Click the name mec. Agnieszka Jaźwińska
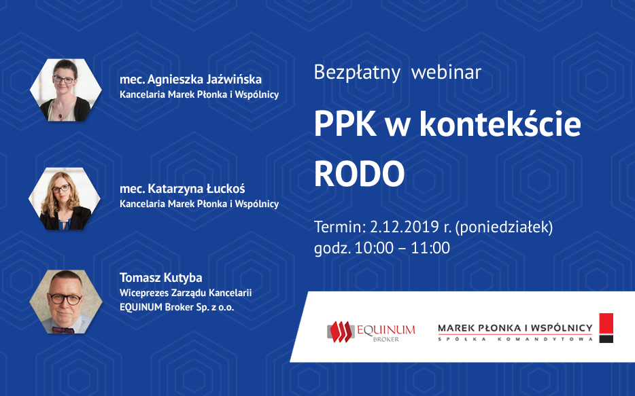coord(190,79)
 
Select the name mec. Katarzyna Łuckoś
coord(182,189)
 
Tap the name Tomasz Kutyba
coord(160,278)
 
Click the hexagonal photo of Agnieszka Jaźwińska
coord(65,90)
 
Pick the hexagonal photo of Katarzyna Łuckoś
coord(65,198)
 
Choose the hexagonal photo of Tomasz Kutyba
coord(65,302)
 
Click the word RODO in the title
coord(359,174)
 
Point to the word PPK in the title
coord(345,124)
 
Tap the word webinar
coord(446,73)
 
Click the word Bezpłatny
coord(357,73)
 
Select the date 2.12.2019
coord(405,227)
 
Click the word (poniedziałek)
coord(504,228)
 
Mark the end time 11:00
coord(430,248)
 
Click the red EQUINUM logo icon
coord(341,331)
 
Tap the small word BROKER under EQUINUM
coord(386,340)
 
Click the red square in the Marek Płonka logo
coord(606,323)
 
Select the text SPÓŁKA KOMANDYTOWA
coord(515,339)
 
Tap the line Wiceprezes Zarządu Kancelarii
coord(186,293)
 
